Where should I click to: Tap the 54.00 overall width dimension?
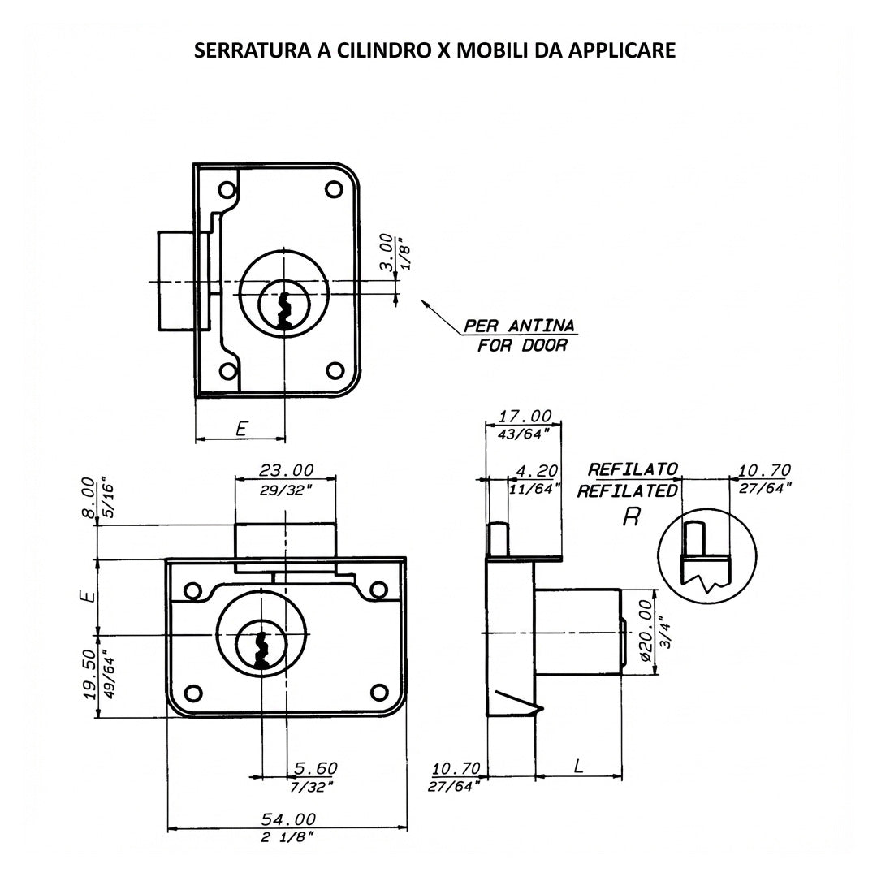pos(288,819)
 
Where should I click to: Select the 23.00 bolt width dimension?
pos(286,470)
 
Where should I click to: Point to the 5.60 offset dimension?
pos(316,768)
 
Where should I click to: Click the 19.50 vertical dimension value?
pos(89,674)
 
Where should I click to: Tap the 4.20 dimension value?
pos(537,471)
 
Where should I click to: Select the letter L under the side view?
pos(579,766)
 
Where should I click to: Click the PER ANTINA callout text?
pos(520,326)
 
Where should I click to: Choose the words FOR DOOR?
pos(522,346)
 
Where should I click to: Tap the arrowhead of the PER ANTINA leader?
pos(423,303)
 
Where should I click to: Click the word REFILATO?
pos(633,469)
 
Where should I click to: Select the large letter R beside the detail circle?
pos(631,517)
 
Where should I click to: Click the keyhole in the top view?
pos(285,312)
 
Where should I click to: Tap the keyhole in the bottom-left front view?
pos(261,650)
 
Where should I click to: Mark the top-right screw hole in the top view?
pos(334,190)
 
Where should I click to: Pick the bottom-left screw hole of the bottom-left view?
pos(193,693)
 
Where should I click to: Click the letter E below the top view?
pos(242,429)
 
